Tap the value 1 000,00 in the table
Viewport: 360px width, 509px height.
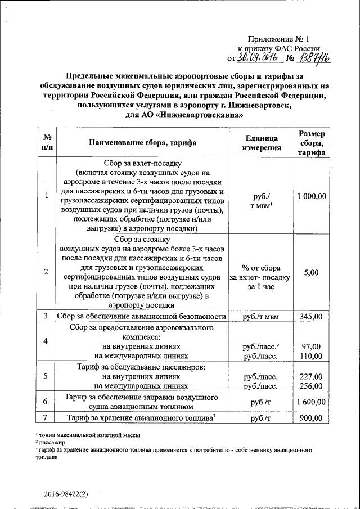pyautogui.click(x=311, y=196)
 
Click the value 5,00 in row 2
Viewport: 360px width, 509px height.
pyautogui.click(x=311, y=272)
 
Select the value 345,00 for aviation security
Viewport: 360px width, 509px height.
pyautogui.click(x=311, y=317)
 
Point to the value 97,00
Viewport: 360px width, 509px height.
pyautogui.click(x=311, y=346)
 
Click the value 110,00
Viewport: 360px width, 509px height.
pyautogui.click(x=311, y=355)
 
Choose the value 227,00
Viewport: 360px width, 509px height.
pyautogui.click(x=311, y=376)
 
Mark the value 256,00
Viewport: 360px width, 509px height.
pyautogui.click(x=311, y=386)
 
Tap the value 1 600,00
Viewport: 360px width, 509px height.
pyautogui.click(x=311, y=402)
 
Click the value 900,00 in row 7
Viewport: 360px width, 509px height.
pyautogui.click(x=311, y=418)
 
